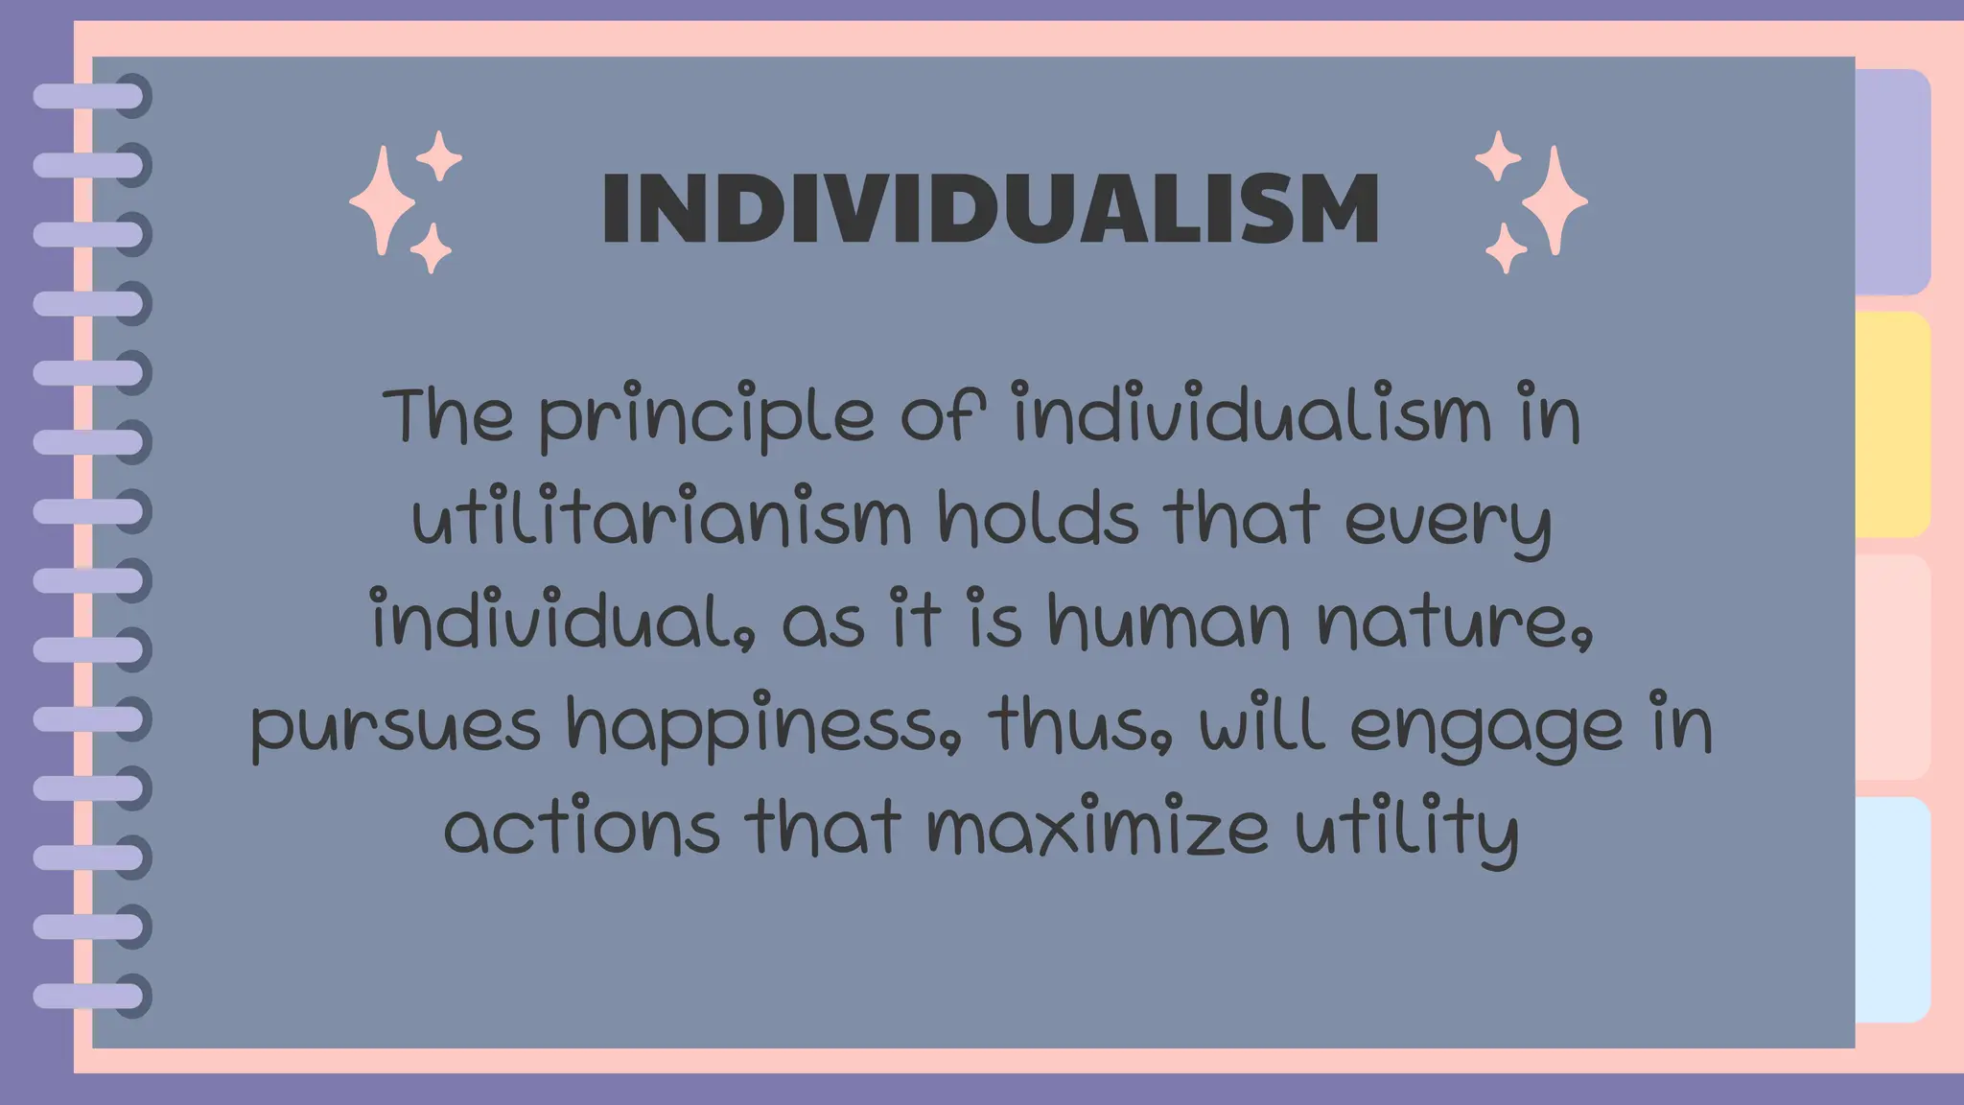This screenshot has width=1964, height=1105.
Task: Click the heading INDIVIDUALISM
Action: pyautogui.click(x=990, y=209)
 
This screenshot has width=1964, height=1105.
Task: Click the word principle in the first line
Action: pyautogui.click(x=706, y=418)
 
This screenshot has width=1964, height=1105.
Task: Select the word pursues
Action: pyautogui.click(x=395, y=727)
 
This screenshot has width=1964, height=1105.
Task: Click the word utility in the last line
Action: pyautogui.click(x=1407, y=831)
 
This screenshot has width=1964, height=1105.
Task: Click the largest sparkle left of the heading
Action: pyautogui.click(x=383, y=200)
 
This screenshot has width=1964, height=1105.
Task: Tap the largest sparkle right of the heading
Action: pyautogui.click(x=1555, y=200)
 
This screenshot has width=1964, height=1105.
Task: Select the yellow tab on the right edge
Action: pyautogui.click(x=1892, y=424)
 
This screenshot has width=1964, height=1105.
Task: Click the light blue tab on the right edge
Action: pyautogui.click(x=1892, y=909)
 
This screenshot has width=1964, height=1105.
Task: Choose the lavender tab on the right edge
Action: pyautogui.click(x=1892, y=182)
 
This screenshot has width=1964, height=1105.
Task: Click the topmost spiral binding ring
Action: pyautogui.click(x=91, y=96)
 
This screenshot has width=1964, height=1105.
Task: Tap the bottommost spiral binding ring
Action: pyautogui.click(x=91, y=996)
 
